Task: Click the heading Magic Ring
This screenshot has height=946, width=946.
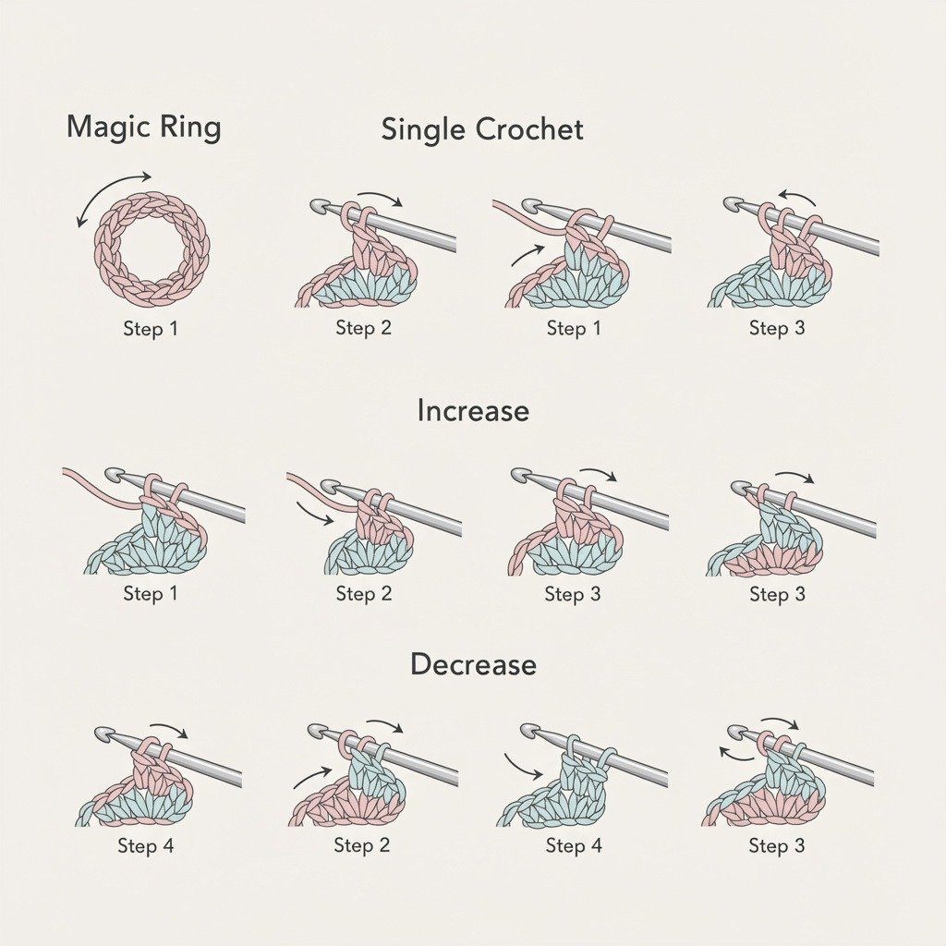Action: pos(143,127)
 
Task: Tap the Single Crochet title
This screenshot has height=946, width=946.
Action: pos(482,129)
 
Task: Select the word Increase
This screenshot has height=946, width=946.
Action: pos(473,411)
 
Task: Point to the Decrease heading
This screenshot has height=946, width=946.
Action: pos(473,664)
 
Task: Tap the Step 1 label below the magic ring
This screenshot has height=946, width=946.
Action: pos(151,329)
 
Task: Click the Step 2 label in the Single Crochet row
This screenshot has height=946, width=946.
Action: pos(363,328)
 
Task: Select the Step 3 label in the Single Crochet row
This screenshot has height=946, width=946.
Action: pos(776,328)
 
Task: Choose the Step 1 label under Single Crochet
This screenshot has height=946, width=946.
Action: pos(574,328)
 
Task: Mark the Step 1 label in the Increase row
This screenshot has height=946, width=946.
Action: pos(151,594)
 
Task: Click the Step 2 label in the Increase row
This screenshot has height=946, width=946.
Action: pos(364,594)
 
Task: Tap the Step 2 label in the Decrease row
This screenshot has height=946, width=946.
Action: pos(362,845)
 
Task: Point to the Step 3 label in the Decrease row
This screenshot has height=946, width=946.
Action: pos(776,846)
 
